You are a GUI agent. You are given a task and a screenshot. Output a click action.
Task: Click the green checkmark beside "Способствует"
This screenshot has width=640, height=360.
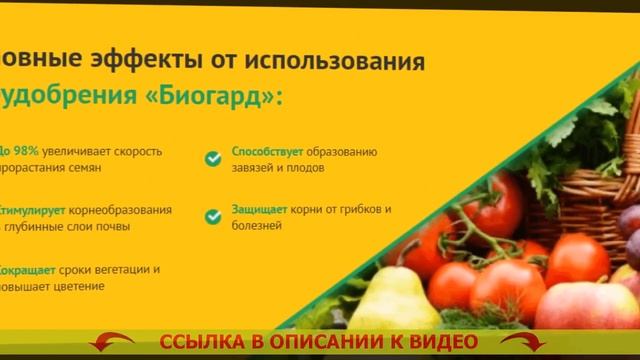(x=213, y=158)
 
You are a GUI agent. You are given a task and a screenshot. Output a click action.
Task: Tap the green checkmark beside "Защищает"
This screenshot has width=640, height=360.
(x=213, y=216)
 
